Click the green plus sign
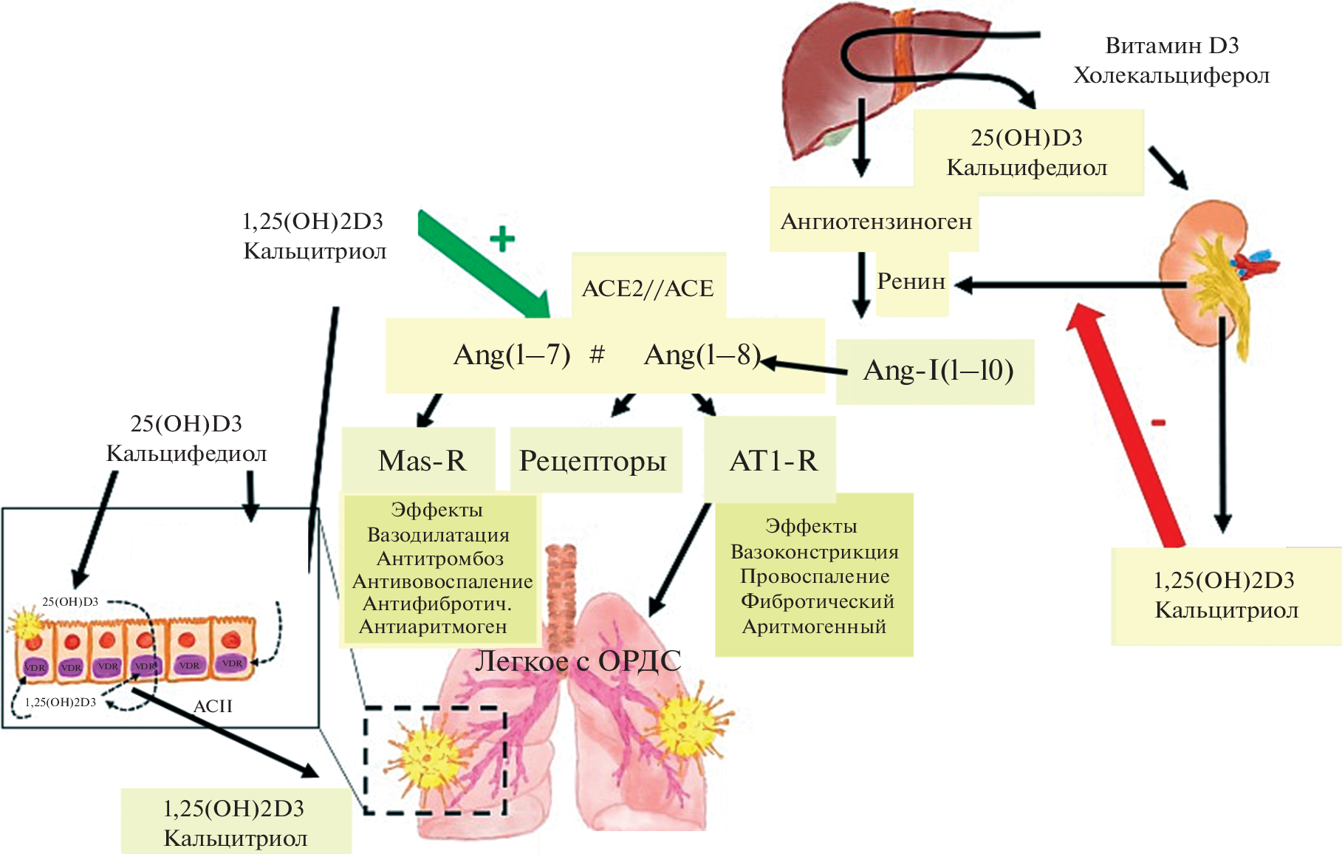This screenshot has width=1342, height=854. pyautogui.click(x=502, y=239)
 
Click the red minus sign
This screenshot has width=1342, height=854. pyautogui.click(x=1158, y=423)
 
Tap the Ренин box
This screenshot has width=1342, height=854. pyautogui.click(x=911, y=282)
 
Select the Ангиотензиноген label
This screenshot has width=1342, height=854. pyautogui.click(x=876, y=222)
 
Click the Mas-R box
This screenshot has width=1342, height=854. pyautogui.click(x=422, y=461)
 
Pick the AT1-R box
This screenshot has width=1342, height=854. pyautogui.click(x=773, y=461)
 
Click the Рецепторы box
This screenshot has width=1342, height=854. pyautogui.click(x=592, y=461)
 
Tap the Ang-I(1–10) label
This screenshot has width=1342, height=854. pyautogui.click(x=937, y=370)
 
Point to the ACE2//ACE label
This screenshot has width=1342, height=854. pyautogui.click(x=648, y=288)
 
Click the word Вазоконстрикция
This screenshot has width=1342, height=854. pyautogui.click(x=814, y=552)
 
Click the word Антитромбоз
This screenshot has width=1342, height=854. pyautogui.click(x=440, y=558)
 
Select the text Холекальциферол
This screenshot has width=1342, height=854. pyautogui.click(x=1171, y=75)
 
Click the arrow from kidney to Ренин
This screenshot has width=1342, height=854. pyautogui.click(x=1071, y=284)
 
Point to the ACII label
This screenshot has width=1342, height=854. pyautogui.click(x=213, y=706)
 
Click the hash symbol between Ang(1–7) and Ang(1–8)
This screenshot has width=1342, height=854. pyautogui.click(x=597, y=355)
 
